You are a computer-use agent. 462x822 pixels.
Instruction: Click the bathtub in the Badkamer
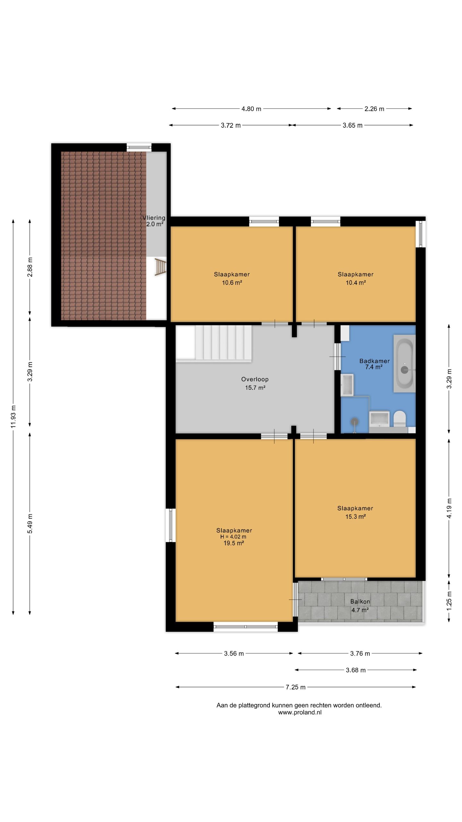[x=405, y=363]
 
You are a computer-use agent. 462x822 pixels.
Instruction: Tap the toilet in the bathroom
[x=400, y=418]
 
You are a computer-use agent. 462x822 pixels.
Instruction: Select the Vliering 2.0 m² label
[x=154, y=221]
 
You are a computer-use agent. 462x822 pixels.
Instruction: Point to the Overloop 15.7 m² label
[x=255, y=383]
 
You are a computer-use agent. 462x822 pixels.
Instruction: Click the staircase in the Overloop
[x=213, y=344]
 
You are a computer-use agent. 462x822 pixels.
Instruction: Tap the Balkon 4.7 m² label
[x=360, y=606]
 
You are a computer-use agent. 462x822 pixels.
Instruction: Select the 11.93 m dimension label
[x=13, y=416]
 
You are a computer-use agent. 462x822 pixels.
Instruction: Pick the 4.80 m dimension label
[x=251, y=109]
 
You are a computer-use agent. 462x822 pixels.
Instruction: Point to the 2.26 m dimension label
[x=374, y=109]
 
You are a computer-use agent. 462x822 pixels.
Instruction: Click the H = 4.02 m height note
[x=233, y=537]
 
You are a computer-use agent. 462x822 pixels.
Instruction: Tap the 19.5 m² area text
[x=234, y=543]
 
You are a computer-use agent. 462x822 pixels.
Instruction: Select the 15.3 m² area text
[x=355, y=517]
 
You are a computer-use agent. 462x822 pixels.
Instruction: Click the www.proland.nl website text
[x=300, y=712]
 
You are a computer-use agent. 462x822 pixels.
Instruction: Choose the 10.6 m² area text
[x=232, y=283]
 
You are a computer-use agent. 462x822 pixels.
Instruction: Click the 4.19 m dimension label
[x=449, y=508]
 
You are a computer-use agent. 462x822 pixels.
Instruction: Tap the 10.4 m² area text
[x=355, y=283]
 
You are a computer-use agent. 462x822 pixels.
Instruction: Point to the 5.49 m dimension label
[x=30, y=523]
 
